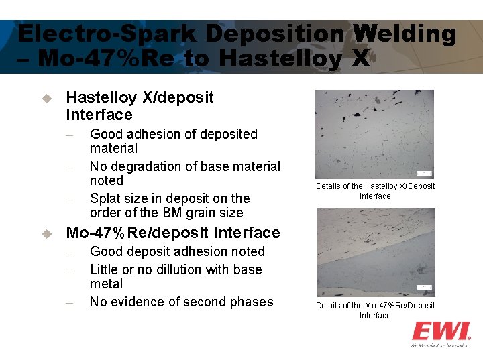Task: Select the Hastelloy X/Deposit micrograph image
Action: pyautogui.click(x=374, y=134)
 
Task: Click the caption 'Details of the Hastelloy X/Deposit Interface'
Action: pyautogui.click(x=375, y=191)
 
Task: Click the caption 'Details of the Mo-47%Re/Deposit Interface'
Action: pyautogui.click(x=375, y=310)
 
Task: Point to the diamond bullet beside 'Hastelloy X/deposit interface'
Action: pyautogui.click(x=46, y=98)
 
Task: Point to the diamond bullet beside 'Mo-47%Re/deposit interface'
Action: pyautogui.click(x=46, y=233)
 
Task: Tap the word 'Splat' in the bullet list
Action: pyautogui.click(x=105, y=198)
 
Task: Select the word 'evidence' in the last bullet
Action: pyautogui.click(x=137, y=302)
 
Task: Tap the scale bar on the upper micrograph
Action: pyautogui.click(x=424, y=174)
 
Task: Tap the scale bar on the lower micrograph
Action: pyautogui.click(x=424, y=288)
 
